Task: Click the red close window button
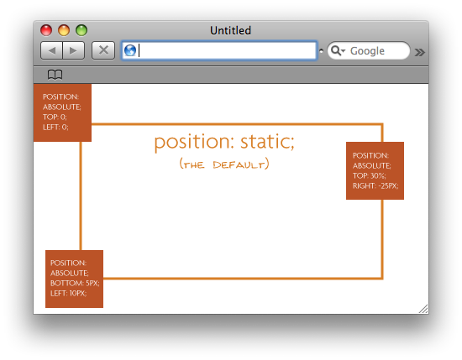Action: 46,30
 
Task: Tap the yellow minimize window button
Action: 64,30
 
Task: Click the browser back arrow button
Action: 51,50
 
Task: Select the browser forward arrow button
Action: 73,50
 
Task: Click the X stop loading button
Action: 103,50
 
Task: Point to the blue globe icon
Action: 130,50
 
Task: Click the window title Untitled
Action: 230,30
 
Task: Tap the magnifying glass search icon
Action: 336,50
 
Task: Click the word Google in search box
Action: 367,51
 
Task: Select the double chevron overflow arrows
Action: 419,52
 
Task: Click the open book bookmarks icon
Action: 55,75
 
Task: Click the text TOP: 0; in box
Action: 55,117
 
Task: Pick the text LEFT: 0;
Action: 55,128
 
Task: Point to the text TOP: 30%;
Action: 370,175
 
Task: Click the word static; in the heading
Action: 267,142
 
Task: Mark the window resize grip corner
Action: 423,309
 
